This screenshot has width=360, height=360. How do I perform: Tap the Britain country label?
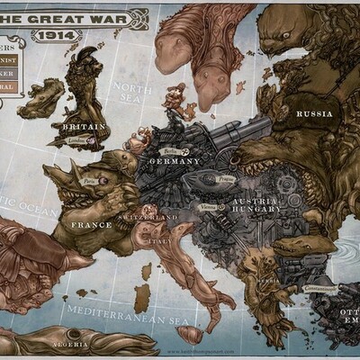tap(84, 127)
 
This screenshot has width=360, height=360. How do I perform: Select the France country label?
tap(91, 224)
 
